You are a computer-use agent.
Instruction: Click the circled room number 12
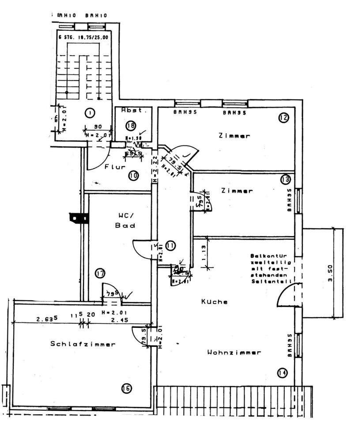click(283, 118)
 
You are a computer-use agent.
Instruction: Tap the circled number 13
click(285, 179)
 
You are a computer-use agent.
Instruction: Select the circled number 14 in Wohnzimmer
click(282, 373)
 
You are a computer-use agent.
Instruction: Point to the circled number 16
click(126, 388)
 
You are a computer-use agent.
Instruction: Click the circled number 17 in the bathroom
click(100, 274)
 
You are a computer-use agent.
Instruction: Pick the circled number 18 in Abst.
click(130, 126)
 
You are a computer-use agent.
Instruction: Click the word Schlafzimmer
click(83, 344)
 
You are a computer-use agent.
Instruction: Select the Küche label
click(214, 302)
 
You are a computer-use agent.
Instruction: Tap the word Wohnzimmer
click(234, 352)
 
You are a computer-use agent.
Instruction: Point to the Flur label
click(115, 167)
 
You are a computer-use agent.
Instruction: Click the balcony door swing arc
click(287, 294)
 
